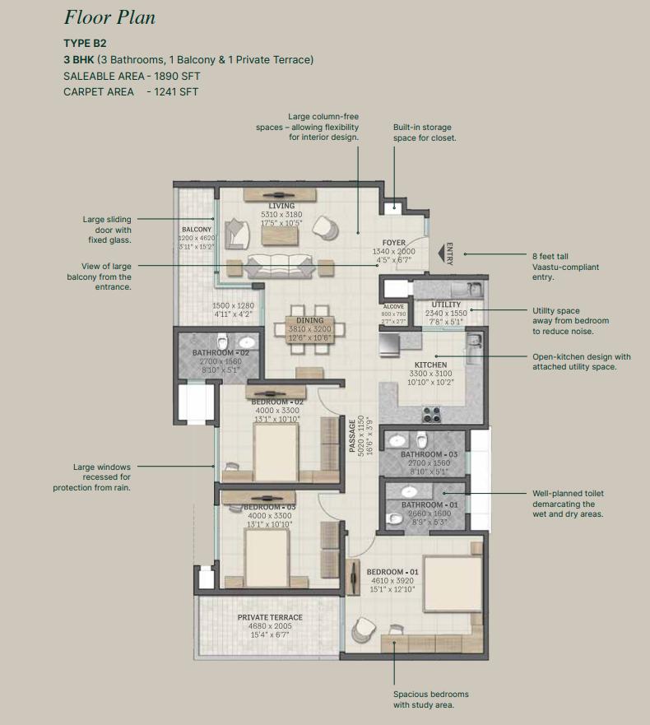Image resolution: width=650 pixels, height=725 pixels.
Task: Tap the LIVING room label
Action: click(x=281, y=206)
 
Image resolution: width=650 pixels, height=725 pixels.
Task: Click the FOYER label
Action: click(x=394, y=243)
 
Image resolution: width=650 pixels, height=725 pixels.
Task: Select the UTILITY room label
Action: click(x=446, y=304)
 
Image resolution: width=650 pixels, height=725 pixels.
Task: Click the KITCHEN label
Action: click(x=430, y=365)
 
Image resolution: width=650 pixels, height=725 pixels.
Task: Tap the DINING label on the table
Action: click(x=310, y=321)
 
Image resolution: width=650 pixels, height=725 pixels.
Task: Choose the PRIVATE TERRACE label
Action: click(x=270, y=617)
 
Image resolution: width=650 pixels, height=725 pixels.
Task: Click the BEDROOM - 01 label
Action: click(x=392, y=572)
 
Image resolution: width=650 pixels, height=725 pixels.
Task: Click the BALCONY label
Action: click(x=197, y=229)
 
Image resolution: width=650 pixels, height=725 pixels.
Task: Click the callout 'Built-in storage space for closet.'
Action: click(x=425, y=132)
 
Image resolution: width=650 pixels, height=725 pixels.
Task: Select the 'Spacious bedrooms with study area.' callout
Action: click(x=424, y=699)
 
